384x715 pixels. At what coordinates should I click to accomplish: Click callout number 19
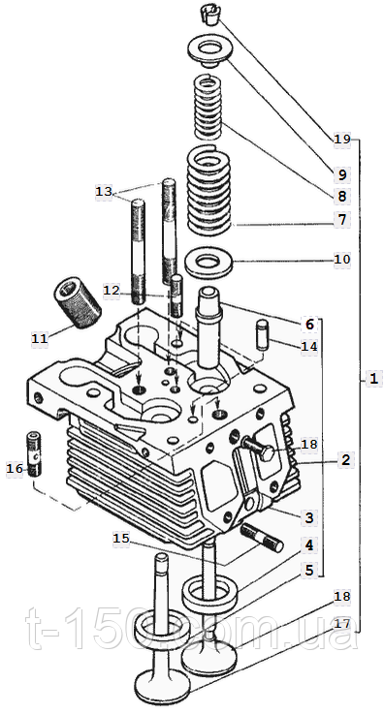341,139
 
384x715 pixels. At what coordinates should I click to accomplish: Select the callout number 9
342,174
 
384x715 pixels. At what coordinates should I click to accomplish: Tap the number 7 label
342,220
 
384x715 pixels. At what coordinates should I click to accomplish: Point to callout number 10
342,260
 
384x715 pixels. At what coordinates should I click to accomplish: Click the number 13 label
104,192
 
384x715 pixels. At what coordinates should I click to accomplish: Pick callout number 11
40,338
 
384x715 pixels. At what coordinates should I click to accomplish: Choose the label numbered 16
15,468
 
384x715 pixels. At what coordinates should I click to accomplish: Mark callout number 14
308,347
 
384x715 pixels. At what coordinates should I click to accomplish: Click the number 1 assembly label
373,379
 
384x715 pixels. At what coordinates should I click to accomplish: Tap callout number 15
121,539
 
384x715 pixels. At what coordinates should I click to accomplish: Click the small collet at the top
209,16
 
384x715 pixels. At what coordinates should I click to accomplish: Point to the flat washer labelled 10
209,264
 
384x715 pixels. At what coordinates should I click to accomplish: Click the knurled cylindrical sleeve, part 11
79,303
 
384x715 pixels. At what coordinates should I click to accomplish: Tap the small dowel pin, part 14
263,335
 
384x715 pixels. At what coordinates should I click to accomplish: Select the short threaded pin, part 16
33,453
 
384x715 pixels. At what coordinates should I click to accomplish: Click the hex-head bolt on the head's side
259,450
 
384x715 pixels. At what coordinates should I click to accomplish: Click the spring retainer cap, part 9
210,51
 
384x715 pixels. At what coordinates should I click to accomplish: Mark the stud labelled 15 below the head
262,537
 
